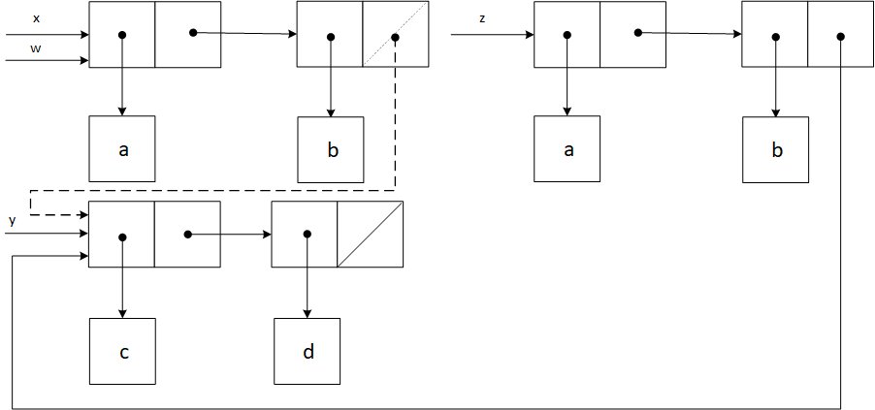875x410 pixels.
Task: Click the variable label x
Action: pyautogui.click(x=36, y=18)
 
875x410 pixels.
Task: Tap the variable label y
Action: pyautogui.click(x=13, y=221)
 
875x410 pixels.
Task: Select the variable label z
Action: pyautogui.click(x=482, y=18)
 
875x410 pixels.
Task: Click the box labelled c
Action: pyautogui.click(x=122, y=351)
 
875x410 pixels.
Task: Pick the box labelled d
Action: pyautogui.click(x=308, y=351)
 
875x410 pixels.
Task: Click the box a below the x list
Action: pyautogui.click(x=122, y=149)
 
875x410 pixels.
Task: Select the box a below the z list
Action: pyautogui.click(x=567, y=149)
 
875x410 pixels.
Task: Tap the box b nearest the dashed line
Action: pyautogui.click(x=331, y=150)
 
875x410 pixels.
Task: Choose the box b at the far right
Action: pyautogui.click(x=776, y=149)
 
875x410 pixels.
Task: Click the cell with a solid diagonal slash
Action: pyautogui.click(x=370, y=234)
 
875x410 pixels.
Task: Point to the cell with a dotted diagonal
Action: pyautogui.click(x=396, y=36)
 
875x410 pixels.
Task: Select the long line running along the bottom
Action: pyautogui.click(x=427, y=407)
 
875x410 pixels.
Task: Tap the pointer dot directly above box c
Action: pyautogui.click(x=122, y=236)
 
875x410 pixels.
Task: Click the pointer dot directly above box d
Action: pyautogui.click(x=308, y=234)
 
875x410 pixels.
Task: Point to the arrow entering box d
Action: pyautogui.click(x=308, y=281)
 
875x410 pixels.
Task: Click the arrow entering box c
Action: pyautogui.click(x=122, y=281)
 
